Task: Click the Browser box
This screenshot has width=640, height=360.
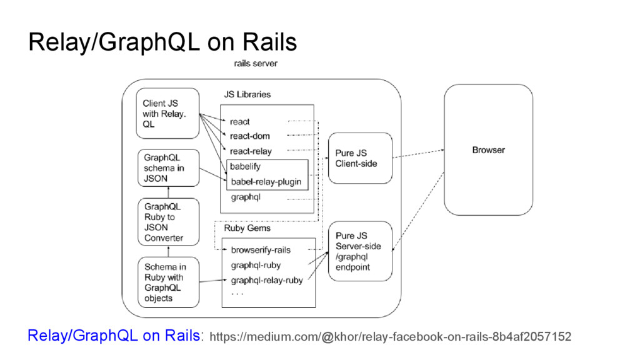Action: [488, 150]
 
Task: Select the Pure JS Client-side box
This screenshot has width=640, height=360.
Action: [360, 158]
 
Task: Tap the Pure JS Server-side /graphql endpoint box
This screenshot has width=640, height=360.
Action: [360, 251]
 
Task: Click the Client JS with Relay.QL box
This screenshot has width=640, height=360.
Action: [167, 114]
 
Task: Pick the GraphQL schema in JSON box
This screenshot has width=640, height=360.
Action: [169, 167]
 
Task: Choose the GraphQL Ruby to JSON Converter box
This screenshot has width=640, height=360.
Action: [169, 222]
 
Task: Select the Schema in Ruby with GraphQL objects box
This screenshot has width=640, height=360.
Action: [169, 282]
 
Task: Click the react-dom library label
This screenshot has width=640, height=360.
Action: [250, 136]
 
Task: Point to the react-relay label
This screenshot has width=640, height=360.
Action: [251, 151]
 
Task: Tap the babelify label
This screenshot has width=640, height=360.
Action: [245, 166]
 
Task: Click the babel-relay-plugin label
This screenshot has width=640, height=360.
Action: [266, 182]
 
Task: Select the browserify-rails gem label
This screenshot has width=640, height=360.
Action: [261, 250]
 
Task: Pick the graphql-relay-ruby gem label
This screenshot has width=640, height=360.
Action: [267, 281]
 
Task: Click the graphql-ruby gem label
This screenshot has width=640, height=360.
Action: [256, 265]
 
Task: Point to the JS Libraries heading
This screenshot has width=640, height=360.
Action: [247, 94]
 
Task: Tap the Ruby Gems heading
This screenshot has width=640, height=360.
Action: [247, 228]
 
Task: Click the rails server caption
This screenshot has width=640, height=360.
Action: [256, 63]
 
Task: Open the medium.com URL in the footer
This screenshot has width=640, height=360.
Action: [390, 337]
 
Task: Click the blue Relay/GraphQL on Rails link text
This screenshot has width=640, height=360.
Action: [114, 336]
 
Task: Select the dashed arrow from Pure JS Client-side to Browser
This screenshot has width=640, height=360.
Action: [418, 154]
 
